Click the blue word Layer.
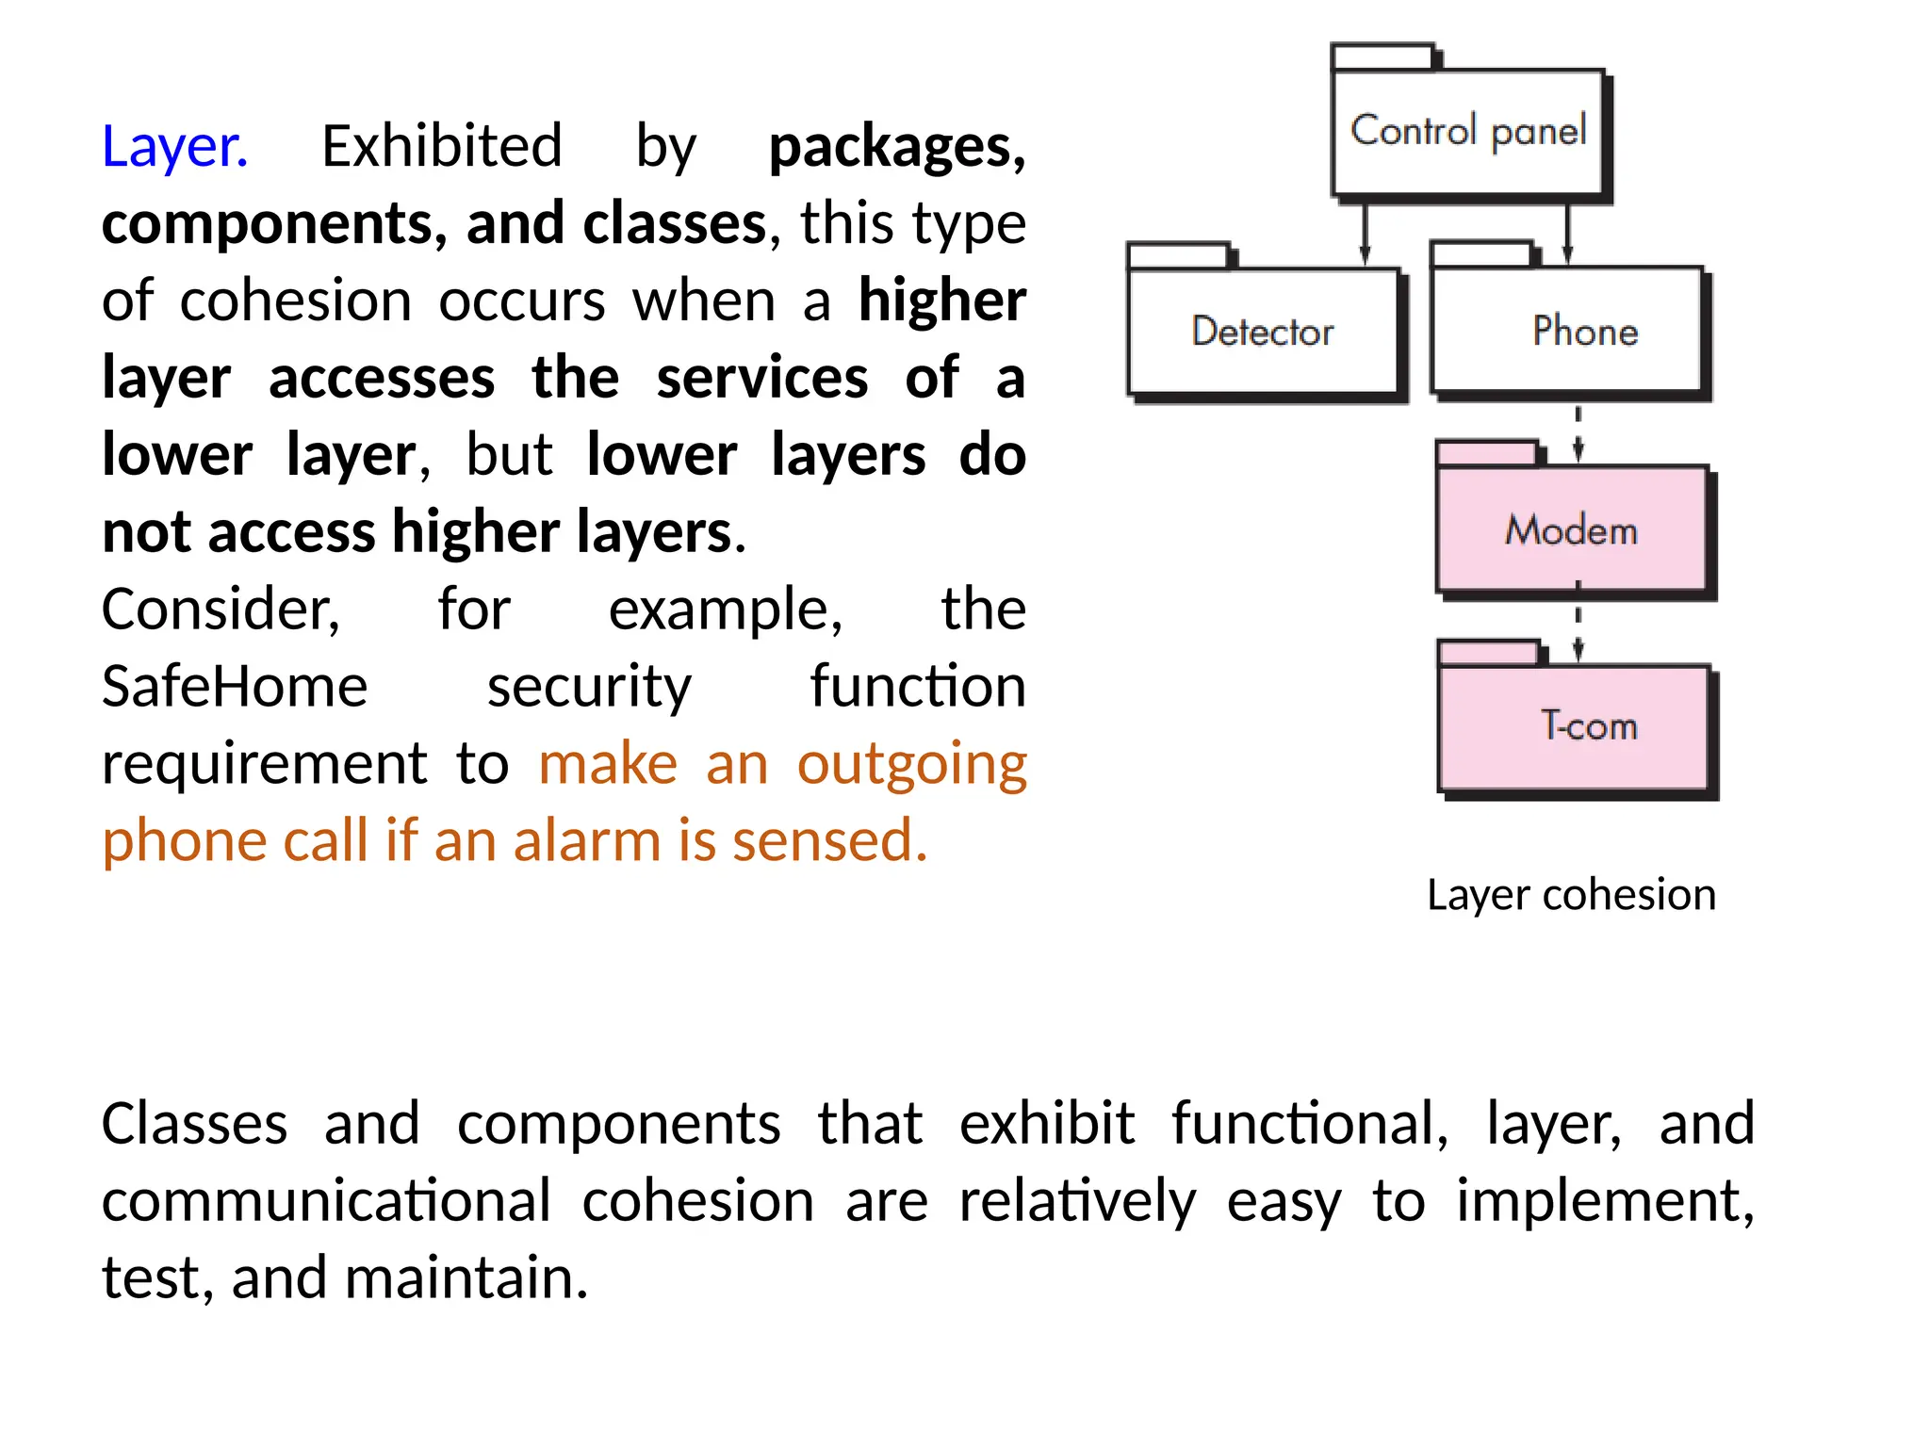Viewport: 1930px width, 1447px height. tap(174, 147)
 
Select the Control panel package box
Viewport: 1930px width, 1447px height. tap(1467, 132)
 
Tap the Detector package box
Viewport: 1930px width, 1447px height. tap(1263, 332)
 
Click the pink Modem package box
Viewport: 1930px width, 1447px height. tap(1572, 529)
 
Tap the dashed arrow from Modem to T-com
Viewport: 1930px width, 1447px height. tap(1578, 629)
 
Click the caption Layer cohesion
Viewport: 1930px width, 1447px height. tap(1571, 894)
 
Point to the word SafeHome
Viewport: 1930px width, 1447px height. tap(235, 686)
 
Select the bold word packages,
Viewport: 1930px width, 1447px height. tap(897, 147)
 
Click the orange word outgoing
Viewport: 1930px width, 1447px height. tap(911, 763)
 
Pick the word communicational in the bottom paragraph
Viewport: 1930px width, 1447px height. tap(326, 1201)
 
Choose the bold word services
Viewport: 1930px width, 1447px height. tap(761, 378)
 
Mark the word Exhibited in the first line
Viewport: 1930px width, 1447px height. tap(442, 147)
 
